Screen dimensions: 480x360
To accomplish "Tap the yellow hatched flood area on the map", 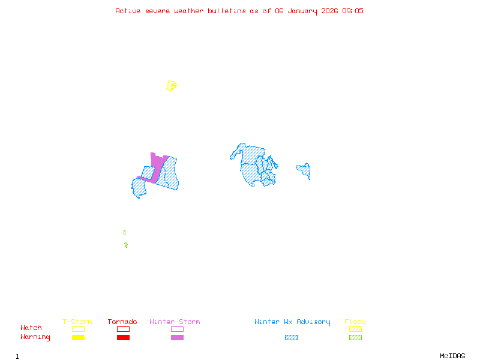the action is coord(172,86).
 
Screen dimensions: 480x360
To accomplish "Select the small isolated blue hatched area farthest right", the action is coord(304,170).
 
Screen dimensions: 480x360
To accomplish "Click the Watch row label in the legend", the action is coord(31,328).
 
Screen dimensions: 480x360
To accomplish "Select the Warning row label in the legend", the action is coord(35,337).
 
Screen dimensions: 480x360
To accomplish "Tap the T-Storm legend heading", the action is coord(77,322).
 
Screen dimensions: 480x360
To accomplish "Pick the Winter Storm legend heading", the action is coord(175,322).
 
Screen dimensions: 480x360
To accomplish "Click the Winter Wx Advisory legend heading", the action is coord(292,322).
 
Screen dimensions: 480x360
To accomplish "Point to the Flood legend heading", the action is coord(355,322).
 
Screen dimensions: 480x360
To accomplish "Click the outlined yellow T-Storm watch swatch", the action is coord(78,329).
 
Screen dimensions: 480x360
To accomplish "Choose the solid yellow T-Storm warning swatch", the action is coord(78,337).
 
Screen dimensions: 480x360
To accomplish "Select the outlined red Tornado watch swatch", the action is coord(123,329).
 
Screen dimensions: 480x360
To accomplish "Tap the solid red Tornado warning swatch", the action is coord(123,337).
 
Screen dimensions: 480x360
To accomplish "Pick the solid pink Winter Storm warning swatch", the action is coord(177,337).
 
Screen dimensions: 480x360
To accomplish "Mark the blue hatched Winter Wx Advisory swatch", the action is coord(291,337).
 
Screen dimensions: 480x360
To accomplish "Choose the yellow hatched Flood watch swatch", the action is coord(355,329).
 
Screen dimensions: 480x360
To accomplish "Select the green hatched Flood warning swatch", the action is coord(355,337).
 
